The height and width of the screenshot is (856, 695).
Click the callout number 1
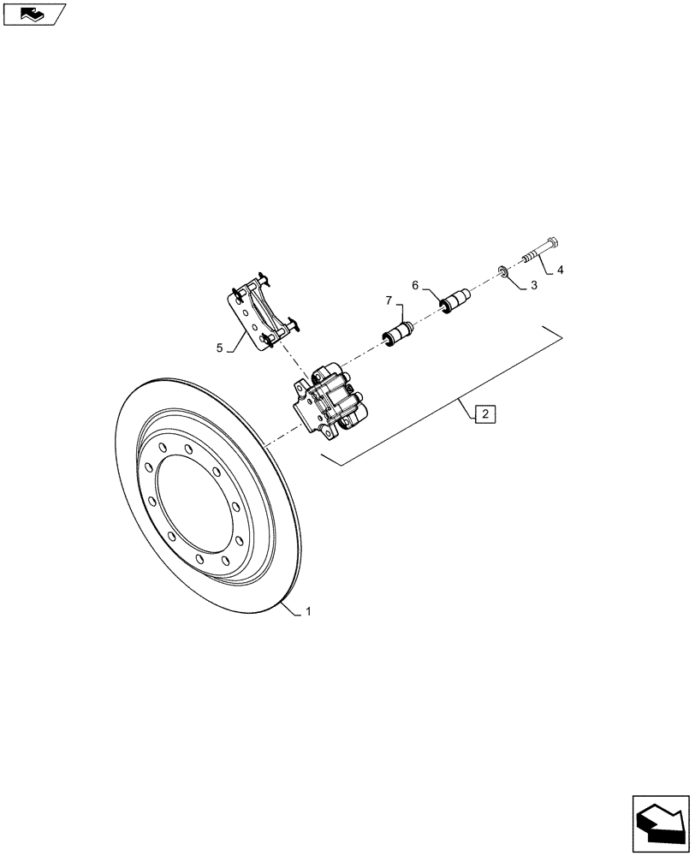point(308,612)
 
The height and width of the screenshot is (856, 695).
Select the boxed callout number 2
point(484,415)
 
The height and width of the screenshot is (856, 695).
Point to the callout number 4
point(560,270)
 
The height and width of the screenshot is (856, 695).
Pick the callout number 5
point(219,348)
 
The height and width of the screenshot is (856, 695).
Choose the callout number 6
point(415,286)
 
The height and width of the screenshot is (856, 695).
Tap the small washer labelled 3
point(503,272)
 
